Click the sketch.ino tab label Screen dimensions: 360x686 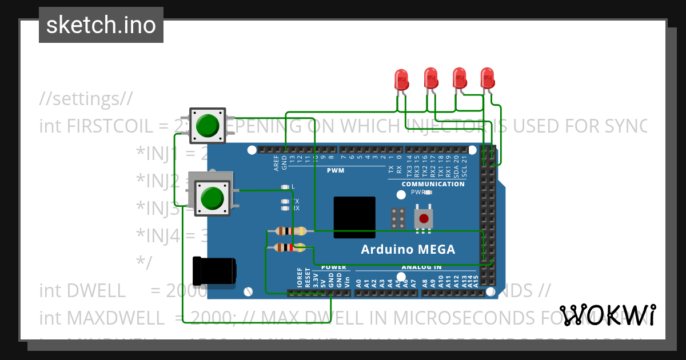point(101,25)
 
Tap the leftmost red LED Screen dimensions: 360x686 point(402,79)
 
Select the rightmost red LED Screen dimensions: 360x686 point(487,78)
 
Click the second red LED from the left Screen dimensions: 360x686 point(430,78)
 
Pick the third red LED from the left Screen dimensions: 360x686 point(459,78)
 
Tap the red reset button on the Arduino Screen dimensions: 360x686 point(424,219)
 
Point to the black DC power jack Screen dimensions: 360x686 point(214,271)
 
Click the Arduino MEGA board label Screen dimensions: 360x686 point(408,250)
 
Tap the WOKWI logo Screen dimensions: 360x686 point(607,315)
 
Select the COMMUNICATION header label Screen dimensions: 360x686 point(433,184)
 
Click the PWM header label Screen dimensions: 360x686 point(336,170)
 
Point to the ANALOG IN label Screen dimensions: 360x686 point(421,267)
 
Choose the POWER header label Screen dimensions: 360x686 point(333,267)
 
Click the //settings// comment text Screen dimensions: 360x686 point(86,99)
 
